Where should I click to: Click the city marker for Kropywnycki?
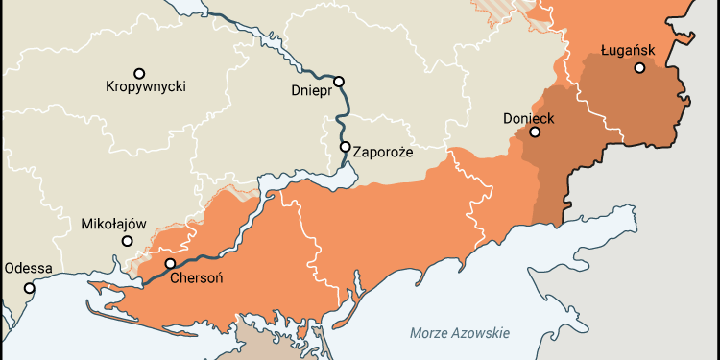coord(139,73)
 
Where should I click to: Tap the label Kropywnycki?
coord(145,87)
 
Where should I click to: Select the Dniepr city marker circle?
coord(338,82)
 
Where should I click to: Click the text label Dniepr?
coord(311,92)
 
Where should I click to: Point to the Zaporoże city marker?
coord(345,147)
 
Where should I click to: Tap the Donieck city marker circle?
coord(535,132)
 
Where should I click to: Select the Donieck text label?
coord(529,119)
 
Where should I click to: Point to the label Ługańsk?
coord(627,47)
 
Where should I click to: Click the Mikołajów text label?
coord(112,224)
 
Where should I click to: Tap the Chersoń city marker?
coord(170,263)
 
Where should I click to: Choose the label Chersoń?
coord(197,279)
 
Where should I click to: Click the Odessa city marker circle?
coord(30,287)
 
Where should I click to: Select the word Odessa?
coord(28,269)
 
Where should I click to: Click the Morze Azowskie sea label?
coord(459,333)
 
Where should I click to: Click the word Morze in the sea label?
coord(429,333)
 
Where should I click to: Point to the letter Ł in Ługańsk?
coord(605,47)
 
